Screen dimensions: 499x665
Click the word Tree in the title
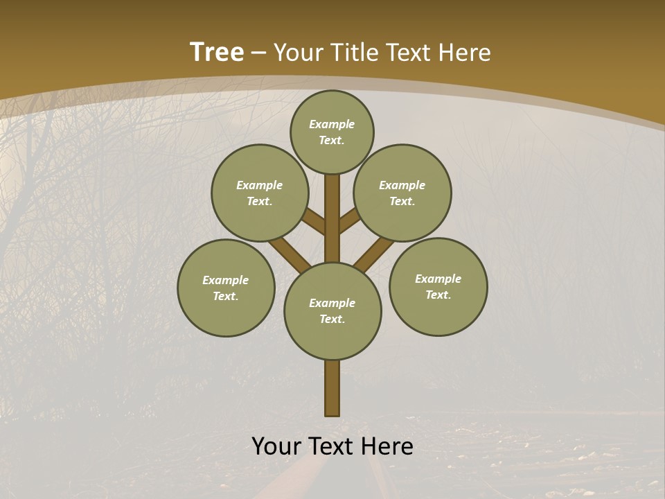217,53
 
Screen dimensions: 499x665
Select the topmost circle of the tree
332,132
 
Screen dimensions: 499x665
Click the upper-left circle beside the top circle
260,193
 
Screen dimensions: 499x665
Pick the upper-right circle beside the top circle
402,193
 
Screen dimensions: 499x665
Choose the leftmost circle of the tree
226,288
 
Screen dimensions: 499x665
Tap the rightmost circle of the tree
438,286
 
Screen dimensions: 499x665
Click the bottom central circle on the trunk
332,311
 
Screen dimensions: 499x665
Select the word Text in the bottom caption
332,446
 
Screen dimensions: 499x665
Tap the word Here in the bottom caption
388,446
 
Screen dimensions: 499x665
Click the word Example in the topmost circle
332,124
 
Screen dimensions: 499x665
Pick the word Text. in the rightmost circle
438,295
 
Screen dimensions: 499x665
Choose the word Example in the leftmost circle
226,280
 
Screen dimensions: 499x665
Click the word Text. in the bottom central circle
332,319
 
